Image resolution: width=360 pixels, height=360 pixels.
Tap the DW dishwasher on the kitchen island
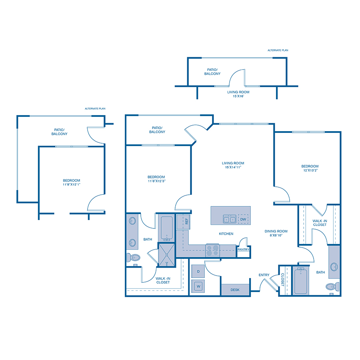click(243, 219)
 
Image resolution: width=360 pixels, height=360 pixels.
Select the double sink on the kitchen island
click(229, 219)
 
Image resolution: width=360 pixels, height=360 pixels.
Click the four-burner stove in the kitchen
click(212, 250)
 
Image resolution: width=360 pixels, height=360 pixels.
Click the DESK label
click(235, 290)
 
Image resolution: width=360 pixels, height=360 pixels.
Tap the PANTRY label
click(243, 250)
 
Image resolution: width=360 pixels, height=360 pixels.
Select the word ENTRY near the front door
click(264, 275)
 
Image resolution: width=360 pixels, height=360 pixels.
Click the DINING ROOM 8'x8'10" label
click(276, 233)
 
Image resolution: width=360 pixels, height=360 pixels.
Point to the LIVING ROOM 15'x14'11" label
click(233, 165)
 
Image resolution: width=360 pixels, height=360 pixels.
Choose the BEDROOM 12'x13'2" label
click(310, 168)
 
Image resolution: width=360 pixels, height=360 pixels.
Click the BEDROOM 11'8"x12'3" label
click(156, 179)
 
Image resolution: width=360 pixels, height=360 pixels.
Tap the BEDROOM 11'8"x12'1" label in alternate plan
click(72, 182)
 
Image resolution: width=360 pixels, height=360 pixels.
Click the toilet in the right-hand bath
click(332, 286)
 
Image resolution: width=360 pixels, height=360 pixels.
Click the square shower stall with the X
click(167, 254)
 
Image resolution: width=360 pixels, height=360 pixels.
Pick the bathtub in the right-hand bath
click(300, 281)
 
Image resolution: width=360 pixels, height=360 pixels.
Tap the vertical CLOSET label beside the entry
click(282, 280)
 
